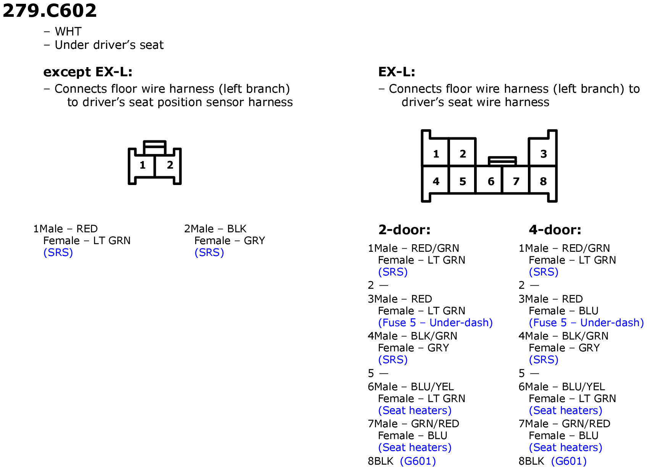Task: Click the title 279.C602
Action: (49, 11)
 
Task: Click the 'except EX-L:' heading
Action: (88, 72)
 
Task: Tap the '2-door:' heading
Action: (404, 230)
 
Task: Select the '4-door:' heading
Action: (555, 230)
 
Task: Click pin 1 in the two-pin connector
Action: (142, 166)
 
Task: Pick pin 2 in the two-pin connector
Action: (170, 165)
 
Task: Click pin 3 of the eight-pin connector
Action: (543, 154)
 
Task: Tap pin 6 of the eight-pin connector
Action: (491, 181)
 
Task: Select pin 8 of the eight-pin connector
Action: (543, 181)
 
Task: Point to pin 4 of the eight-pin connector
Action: (436, 181)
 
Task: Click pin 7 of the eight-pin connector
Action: (516, 181)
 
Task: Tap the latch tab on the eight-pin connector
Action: (502, 161)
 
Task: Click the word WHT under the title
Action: (68, 31)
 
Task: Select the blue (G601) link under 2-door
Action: (418, 461)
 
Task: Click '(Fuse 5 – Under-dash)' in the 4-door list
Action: (586, 322)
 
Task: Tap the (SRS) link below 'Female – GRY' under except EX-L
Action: (209, 252)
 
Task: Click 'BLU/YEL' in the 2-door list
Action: (432, 386)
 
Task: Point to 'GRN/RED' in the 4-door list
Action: (586, 423)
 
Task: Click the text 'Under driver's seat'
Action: (109, 45)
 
